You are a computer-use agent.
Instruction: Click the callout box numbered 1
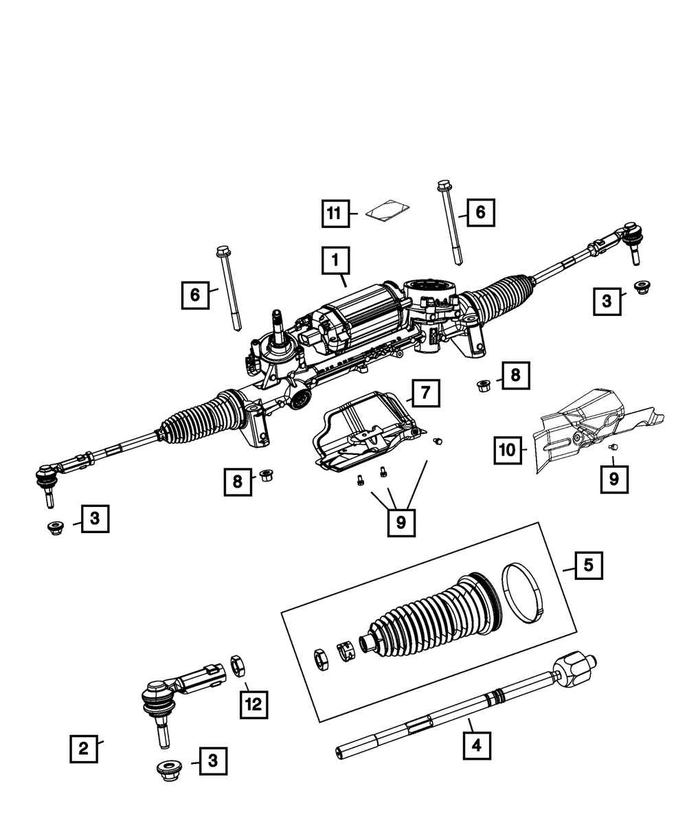[x=335, y=261]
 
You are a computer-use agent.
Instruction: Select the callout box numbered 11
[x=334, y=214]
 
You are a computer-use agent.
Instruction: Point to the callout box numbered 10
[x=506, y=451]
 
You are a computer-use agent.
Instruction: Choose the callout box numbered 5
[x=588, y=565]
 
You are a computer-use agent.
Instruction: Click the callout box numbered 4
[x=477, y=743]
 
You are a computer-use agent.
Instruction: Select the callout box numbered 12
[x=254, y=704]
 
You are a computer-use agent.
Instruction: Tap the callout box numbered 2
[x=83, y=749]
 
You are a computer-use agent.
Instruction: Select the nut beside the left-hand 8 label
[x=265, y=474]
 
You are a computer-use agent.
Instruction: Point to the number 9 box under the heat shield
[x=613, y=479]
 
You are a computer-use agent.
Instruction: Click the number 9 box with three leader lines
[x=401, y=523]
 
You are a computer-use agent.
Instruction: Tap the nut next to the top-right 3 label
[x=642, y=287]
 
